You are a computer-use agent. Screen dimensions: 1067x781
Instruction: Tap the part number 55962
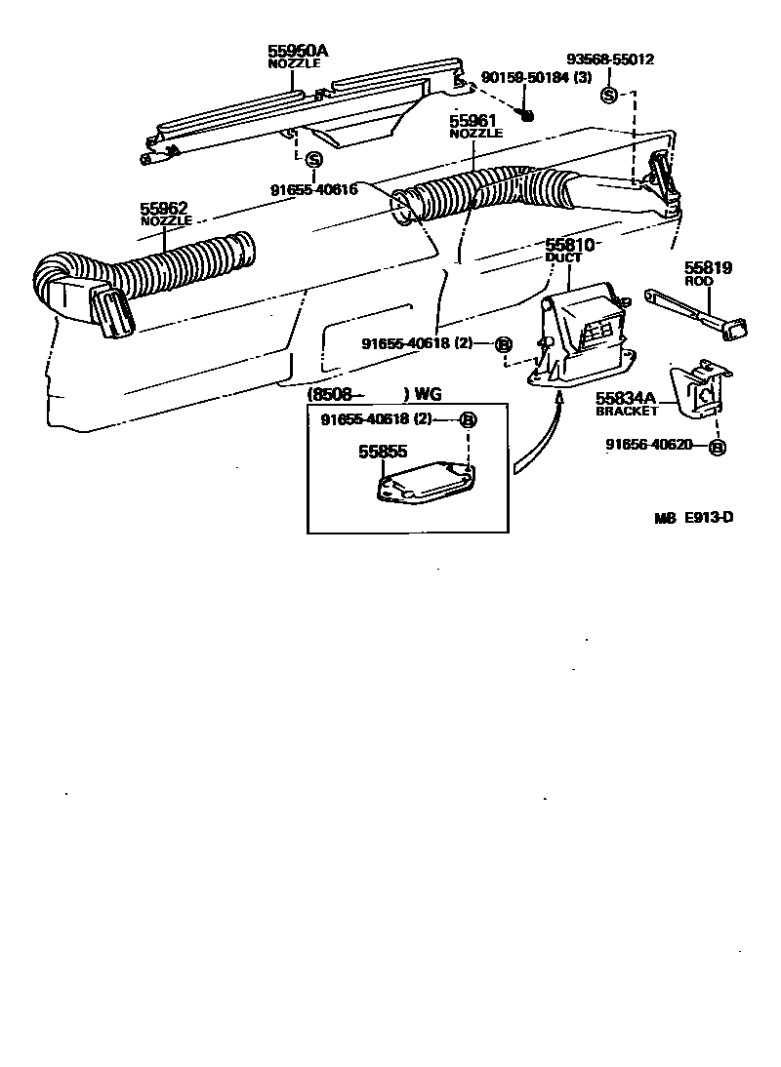(164, 209)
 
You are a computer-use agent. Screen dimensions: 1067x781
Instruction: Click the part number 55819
(708, 268)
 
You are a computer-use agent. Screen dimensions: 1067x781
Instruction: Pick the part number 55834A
(625, 399)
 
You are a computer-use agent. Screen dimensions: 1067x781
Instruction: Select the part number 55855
(382, 452)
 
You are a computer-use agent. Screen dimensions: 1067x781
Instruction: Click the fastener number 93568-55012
(611, 59)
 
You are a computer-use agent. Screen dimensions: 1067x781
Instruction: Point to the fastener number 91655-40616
(314, 189)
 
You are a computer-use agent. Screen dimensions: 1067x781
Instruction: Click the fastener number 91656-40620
(648, 445)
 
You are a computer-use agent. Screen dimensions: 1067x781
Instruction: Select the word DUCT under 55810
(563, 258)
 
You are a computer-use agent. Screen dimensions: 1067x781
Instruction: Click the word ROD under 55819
(699, 281)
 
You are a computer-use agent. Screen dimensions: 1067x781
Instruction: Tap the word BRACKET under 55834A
(627, 412)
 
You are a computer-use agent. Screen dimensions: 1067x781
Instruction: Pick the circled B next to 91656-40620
(717, 447)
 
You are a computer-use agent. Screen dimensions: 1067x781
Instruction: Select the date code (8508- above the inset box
(337, 395)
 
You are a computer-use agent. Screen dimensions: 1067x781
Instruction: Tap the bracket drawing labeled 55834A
(699, 390)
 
